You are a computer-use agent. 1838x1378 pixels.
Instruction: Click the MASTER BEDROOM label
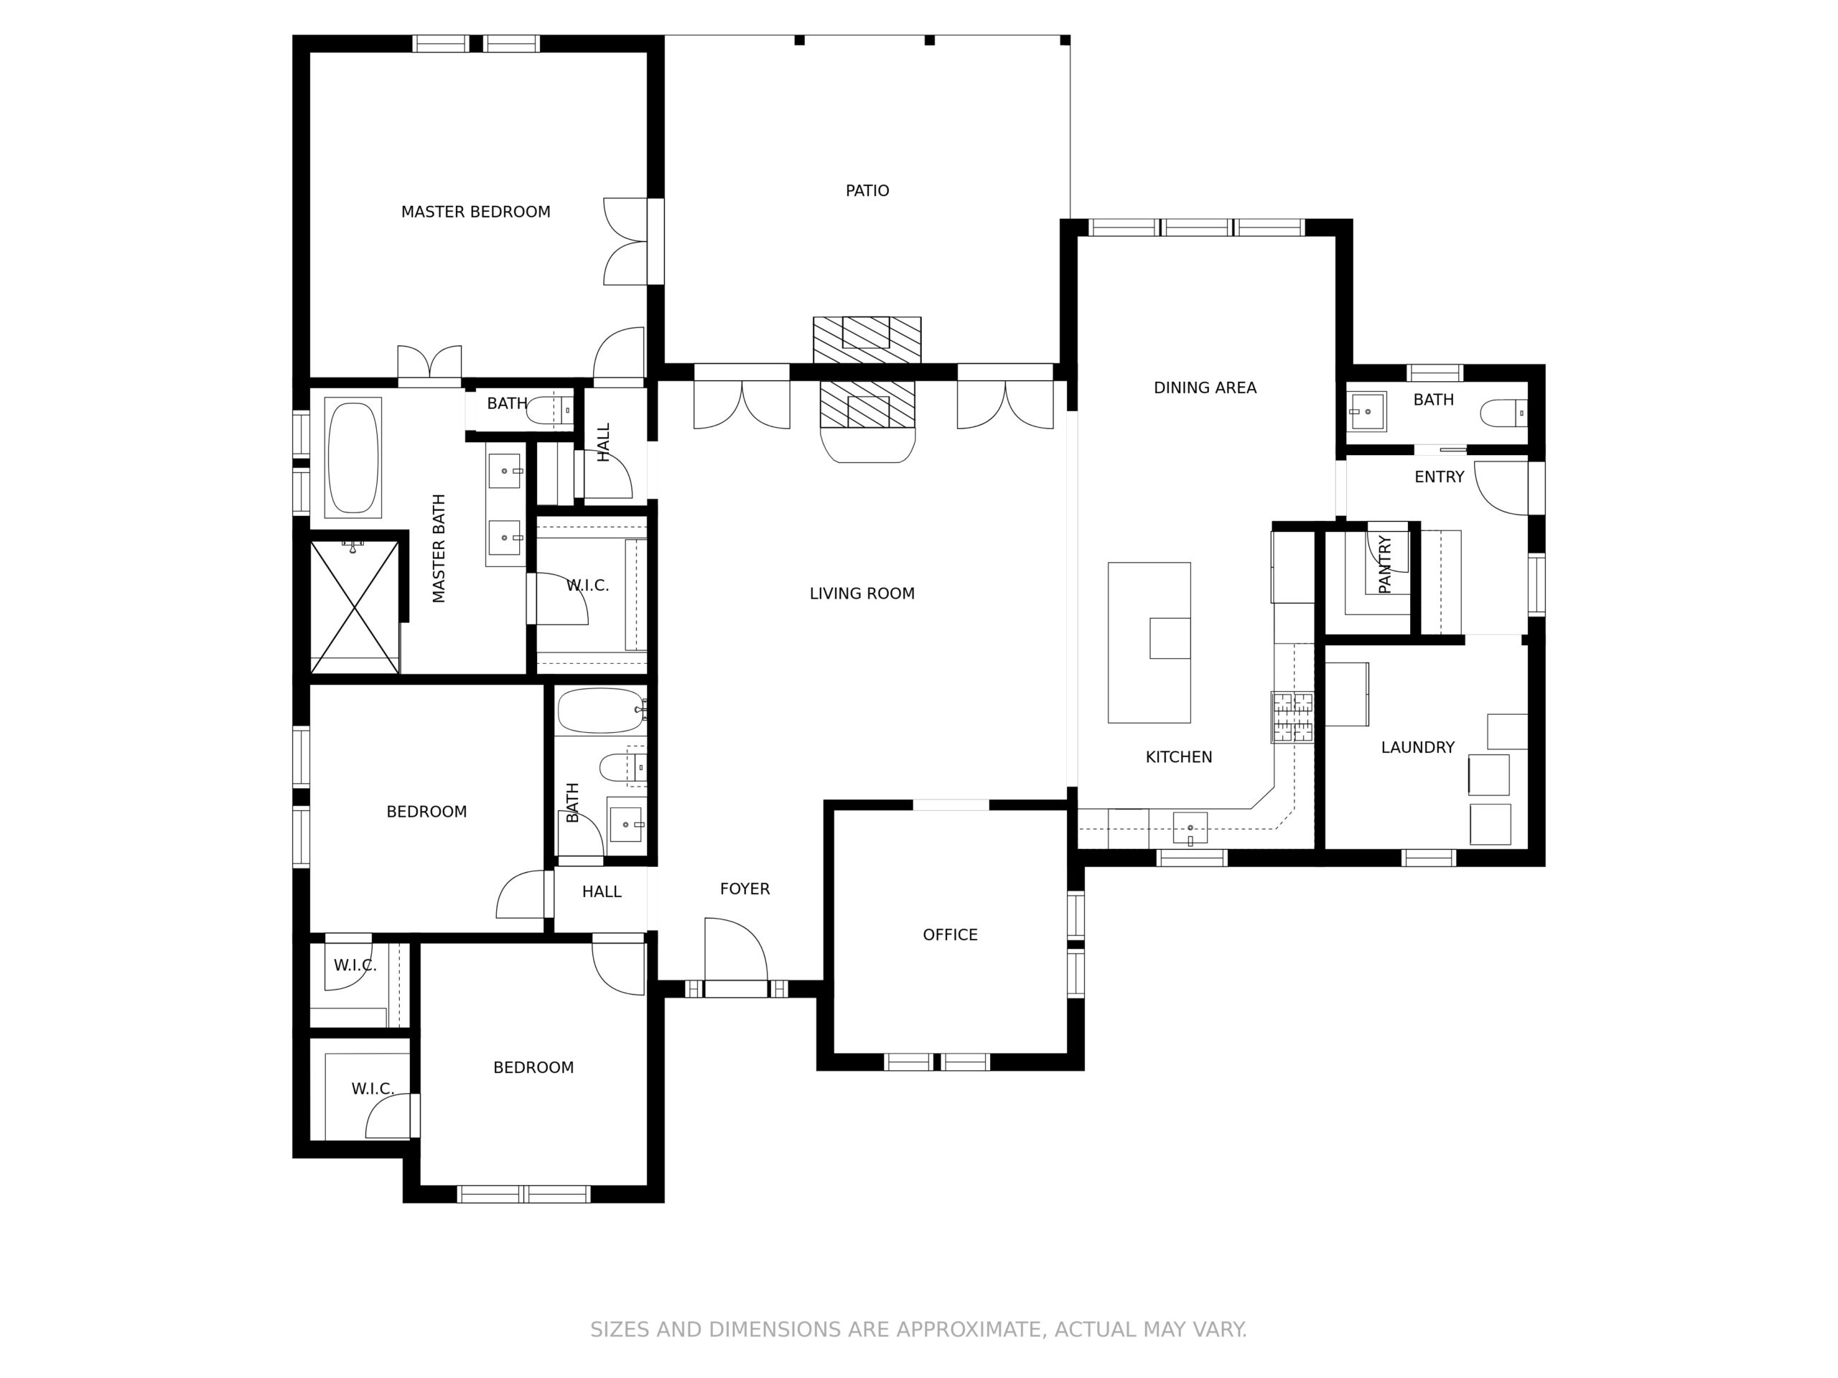coord(475,212)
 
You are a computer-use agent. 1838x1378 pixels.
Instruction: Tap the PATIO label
coord(867,191)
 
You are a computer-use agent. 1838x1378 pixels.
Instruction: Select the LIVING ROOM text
coord(862,594)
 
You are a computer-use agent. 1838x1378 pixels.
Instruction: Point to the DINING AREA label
coord(1205,388)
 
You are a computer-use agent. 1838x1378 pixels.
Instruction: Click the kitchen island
coord(1149,643)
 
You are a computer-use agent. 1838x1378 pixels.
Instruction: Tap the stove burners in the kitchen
coord(1292,717)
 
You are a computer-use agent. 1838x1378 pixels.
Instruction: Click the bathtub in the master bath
coord(354,458)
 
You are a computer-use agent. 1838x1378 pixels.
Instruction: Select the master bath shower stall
coord(355,606)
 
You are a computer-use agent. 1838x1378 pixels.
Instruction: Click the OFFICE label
coord(950,935)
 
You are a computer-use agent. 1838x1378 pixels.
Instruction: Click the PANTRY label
coord(1384,565)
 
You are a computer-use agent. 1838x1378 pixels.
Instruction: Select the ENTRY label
coord(1439,477)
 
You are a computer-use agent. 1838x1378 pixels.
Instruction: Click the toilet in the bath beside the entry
coord(1504,413)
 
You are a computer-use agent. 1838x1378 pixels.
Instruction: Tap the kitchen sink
coord(1190,828)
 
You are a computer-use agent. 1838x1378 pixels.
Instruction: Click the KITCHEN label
coord(1178,757)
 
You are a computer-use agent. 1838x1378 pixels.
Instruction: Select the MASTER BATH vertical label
coord(439,548)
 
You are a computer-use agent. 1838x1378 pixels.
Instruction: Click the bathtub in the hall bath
coord(601,711)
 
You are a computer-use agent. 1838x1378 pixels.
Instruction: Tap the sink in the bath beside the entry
coord(1367,411)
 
